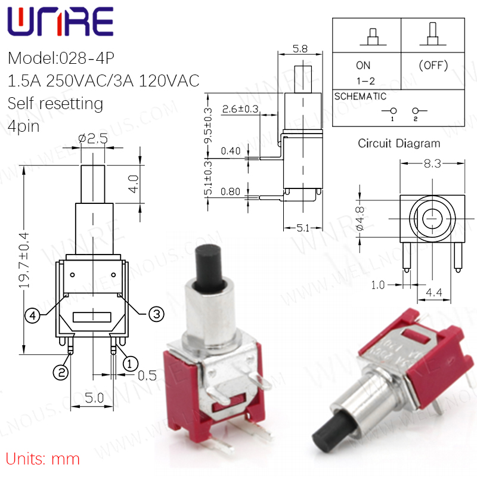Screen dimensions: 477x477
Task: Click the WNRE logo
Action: pos(60,21)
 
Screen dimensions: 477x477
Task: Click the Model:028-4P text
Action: pos(61,58)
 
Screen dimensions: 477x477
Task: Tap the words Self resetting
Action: pos(55,104)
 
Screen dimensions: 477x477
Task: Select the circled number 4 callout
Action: pos(33,315)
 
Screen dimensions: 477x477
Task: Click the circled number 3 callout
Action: pos(156,314)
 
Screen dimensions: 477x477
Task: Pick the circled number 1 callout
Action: pos(130,364)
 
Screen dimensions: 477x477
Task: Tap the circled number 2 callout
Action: pos(61,372)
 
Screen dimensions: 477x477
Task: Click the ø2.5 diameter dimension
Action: pos(93,139)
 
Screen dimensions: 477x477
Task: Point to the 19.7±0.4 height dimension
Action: pos(24,261)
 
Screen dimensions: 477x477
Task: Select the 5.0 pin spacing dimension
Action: pos(94,398)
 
